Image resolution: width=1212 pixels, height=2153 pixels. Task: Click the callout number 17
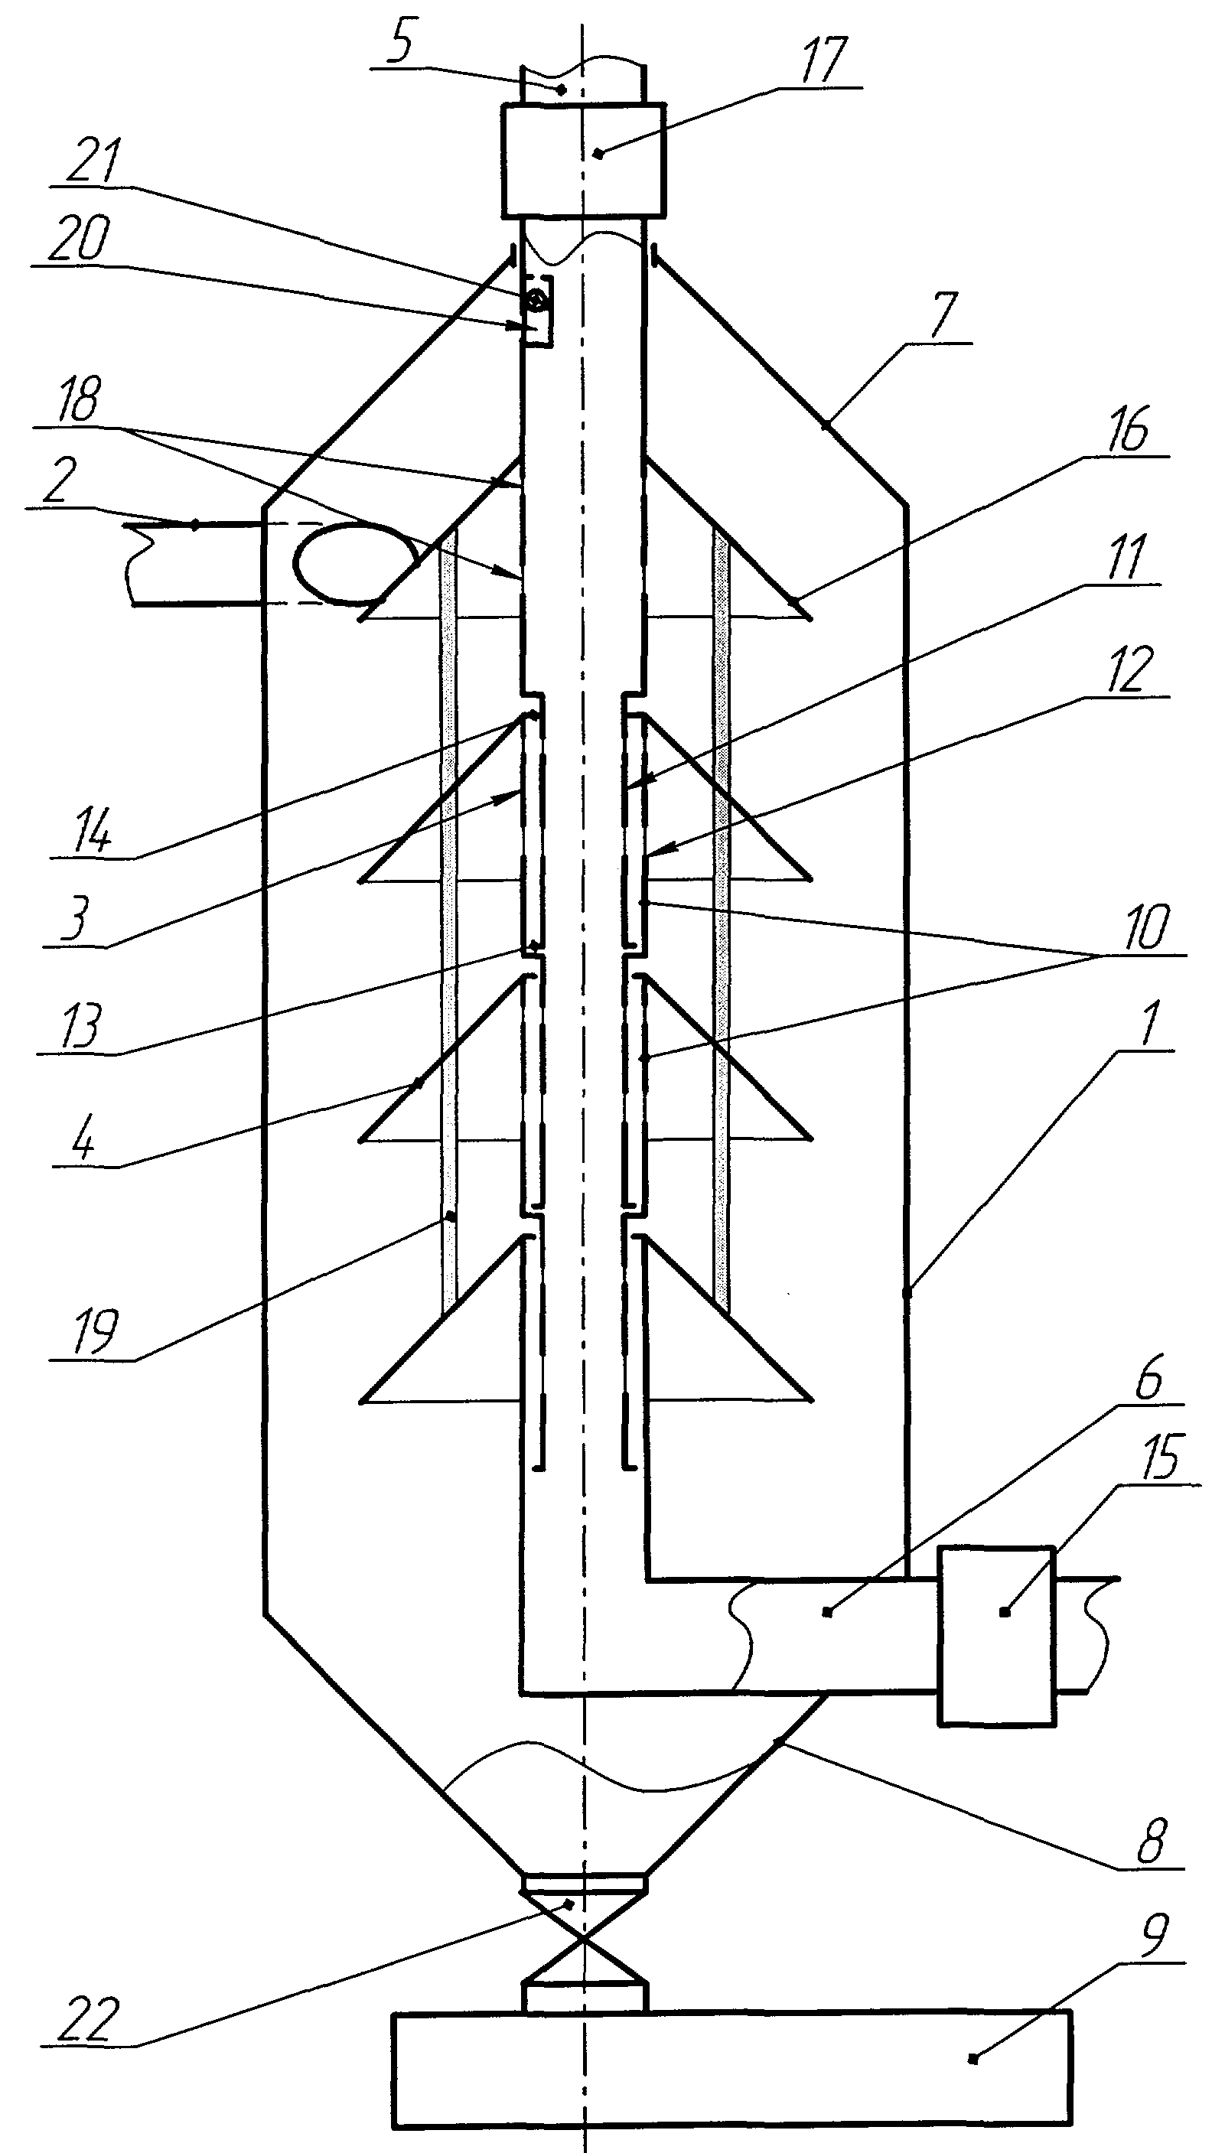click(x=823, y=60)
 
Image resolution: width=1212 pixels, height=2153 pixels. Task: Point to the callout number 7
click(x=943, y=316)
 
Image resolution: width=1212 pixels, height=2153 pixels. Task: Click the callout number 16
click(x=1129, y=429)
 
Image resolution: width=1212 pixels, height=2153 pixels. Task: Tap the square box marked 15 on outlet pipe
click(x=995, y=1635)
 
